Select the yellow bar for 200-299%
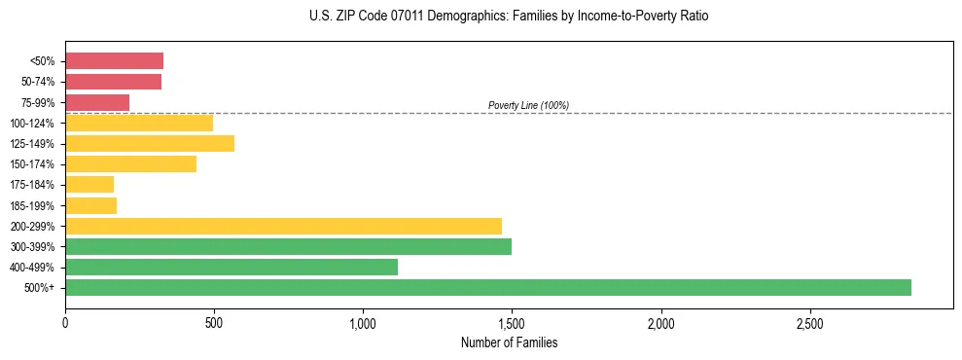point(283,226)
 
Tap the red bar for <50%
point(114,60)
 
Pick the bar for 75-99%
point(97,102)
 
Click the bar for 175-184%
point(89,184)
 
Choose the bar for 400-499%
point(232,267)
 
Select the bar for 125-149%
point(150,143)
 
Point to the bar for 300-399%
point(288,246)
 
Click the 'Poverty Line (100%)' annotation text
point(528,105)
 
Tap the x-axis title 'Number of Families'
point(509,343)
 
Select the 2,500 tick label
point(809,322)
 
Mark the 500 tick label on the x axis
point(214,322)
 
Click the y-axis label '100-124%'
point(32,124)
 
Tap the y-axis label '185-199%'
point(32,205)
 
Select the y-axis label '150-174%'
point(32,164)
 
